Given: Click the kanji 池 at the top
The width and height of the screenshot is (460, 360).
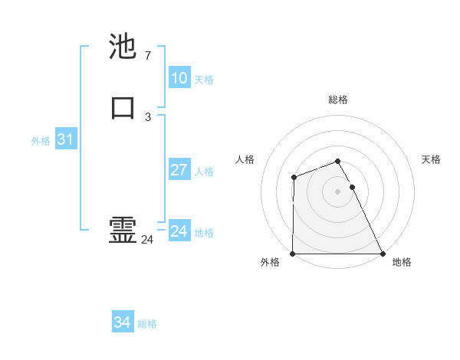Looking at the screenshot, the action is coord(123,47).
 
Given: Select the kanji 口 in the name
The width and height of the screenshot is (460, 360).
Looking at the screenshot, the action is coord(123,107).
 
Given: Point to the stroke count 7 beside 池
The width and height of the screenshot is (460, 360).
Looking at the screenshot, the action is coord(147,56).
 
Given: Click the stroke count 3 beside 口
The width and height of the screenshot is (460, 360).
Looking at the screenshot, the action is coord(147,117).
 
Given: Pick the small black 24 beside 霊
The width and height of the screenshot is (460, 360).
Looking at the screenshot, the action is coord(147,240).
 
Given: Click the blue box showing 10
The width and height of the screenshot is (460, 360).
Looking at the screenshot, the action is coord(179,78).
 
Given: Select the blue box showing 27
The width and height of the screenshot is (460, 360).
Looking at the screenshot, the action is coord(179,170).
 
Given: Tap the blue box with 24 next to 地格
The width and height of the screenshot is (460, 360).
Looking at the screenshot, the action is coord(179,231).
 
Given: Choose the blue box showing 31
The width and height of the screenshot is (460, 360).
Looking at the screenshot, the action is coord(65,139).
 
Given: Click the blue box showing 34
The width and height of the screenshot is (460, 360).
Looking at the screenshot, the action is coord(123,323).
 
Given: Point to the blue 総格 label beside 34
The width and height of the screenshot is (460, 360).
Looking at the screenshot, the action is coord(147,324).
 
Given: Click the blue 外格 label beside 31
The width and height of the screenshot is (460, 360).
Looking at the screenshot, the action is coord(41,141).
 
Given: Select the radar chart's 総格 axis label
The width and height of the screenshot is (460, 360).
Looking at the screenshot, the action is coord(338,100).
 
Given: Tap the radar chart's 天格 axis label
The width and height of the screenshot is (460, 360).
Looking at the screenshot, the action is coord(431,159).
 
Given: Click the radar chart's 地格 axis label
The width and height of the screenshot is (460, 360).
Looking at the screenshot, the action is coord(402,262).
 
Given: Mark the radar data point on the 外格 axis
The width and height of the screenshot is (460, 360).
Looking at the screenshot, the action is coord(293,254).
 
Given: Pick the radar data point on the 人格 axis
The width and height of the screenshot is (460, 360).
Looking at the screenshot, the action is coord(294,178).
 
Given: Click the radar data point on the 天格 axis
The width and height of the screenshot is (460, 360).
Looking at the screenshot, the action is coord(352,187).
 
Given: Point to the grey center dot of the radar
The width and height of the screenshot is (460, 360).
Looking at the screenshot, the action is coord(338,191).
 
